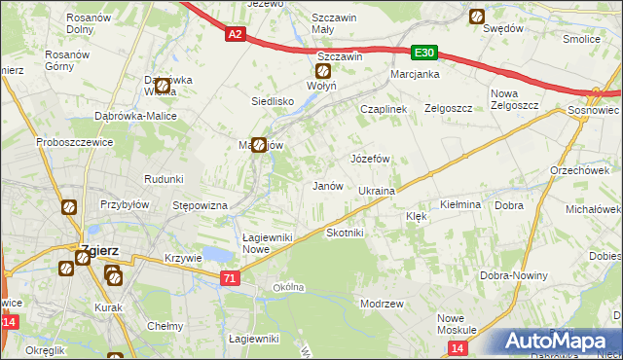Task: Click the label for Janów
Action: [326, 185]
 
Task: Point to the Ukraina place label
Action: [376, 191]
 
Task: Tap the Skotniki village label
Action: [345, 234]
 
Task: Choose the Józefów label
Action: [370, 158]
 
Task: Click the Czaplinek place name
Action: [383, 110]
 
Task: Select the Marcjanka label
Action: [416, 74]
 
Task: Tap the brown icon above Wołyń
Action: [323, 70]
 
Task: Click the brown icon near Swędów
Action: [477, 16]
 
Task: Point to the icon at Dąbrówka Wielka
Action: [163, 87]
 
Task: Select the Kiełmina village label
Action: [460, 205]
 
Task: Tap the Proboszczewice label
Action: [49, 142]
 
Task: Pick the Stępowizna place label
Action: [200, 206]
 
